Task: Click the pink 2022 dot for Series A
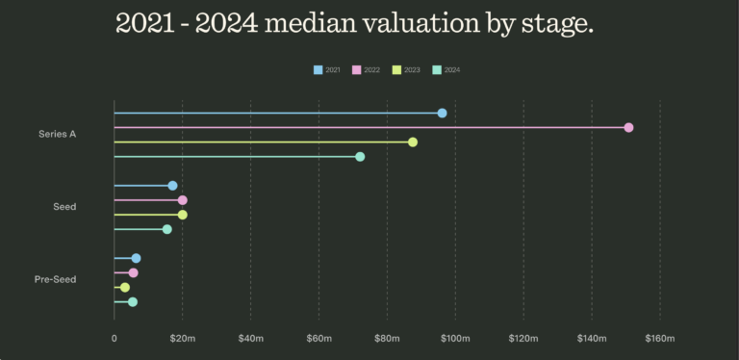tap(628, 127)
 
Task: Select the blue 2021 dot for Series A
tap(442, 113)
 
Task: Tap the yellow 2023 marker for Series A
tap(413, 141)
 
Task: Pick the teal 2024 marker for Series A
tap(360, 156)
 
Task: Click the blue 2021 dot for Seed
tap(172, 185)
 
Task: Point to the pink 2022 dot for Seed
tap(182, 200)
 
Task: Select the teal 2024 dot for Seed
tap(166, 229)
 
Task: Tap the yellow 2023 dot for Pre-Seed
tap(124, 287)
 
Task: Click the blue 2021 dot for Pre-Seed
tap(136, 258)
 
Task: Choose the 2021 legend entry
tap(327, 69)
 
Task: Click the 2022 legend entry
tap(367, 69)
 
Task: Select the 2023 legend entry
tap(406, 69)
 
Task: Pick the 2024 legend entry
tap(446, 69)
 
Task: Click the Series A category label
tap(58, 134)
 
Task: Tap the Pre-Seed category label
tap(56, 280)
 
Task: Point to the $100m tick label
tap(455, 338)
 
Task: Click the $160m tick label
tap(660, 338)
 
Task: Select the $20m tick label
tap(183, 338)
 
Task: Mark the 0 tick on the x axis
tap(114, 338)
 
